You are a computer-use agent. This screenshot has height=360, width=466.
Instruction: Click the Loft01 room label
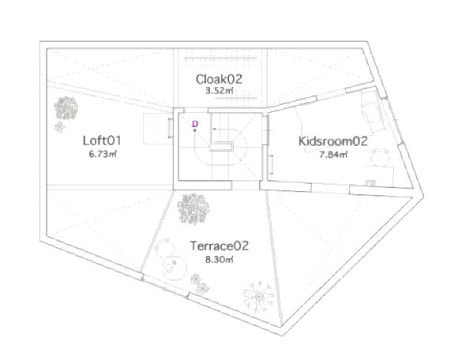pos(101,141)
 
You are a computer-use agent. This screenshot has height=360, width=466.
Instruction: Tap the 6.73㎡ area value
pos(103,155)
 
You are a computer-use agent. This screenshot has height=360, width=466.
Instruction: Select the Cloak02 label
pos(218,79)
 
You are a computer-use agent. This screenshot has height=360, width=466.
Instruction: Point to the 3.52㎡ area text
pos(217,92)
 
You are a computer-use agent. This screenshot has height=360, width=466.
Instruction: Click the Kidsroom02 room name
pos(333,142)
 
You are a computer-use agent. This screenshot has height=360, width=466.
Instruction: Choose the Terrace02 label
pos(220,246)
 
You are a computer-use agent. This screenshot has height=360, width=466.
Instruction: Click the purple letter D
pos(195,123)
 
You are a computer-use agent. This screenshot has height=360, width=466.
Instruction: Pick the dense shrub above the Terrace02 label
pos(194,208)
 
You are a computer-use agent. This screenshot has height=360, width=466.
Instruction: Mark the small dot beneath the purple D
pos(195,131)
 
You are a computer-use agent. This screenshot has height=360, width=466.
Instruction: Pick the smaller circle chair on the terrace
pos(163,246)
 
